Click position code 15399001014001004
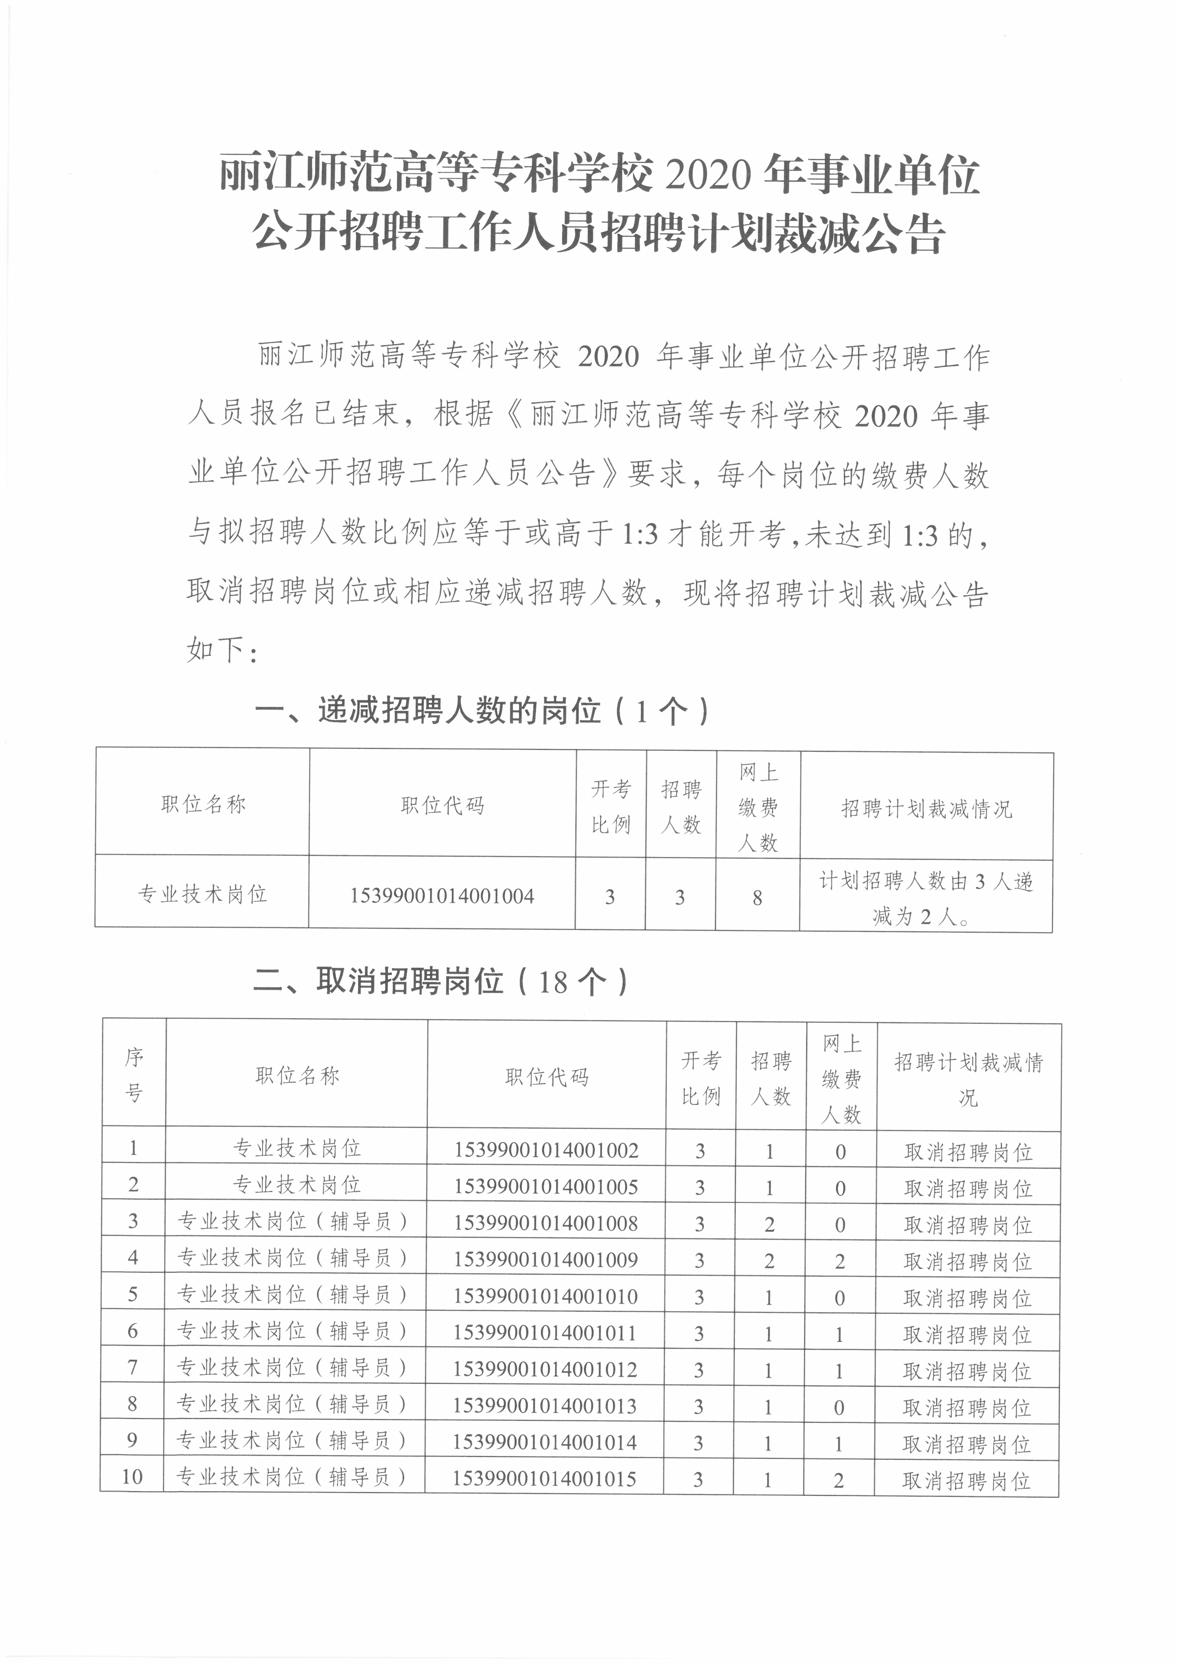pyautogui.click(x=442, y=896)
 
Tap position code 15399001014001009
pyautogui.click(x=546, y=1259)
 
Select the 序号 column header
pyautogui.click(x=134, y=1076)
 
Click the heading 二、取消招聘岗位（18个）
pyautogui.click(x=439, y=982)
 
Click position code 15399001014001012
pyautogui.click(x=545, y=1369)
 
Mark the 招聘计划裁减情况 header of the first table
pyautogui.click(x=926, y=809)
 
